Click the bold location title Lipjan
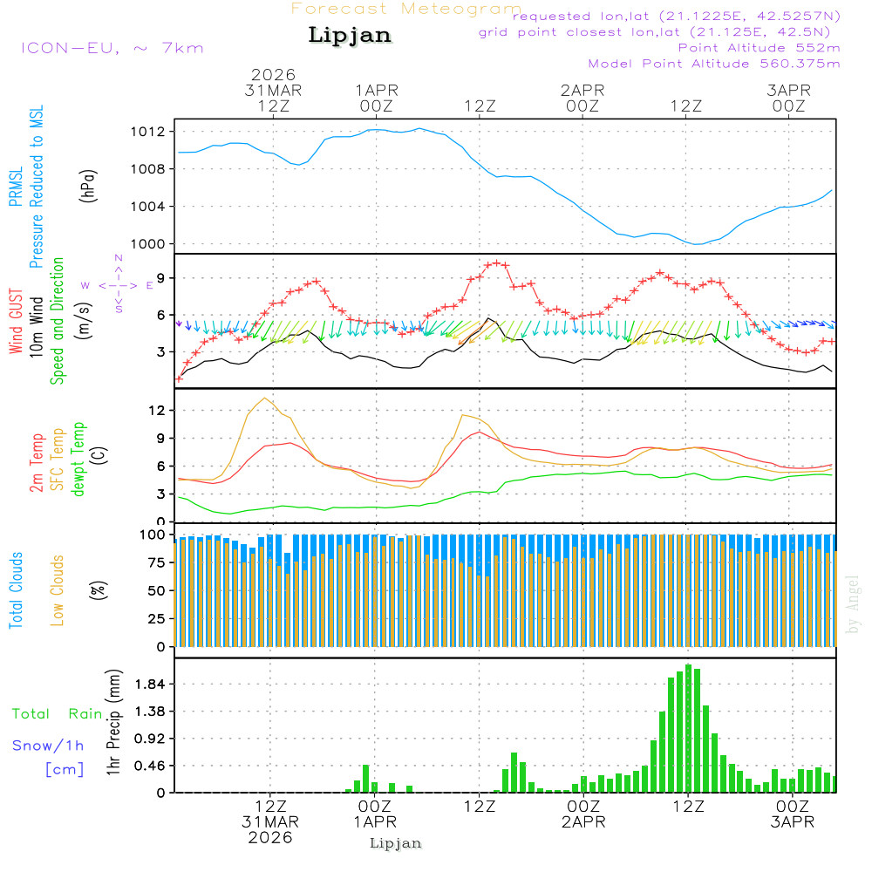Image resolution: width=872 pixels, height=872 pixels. (x=350, y=36)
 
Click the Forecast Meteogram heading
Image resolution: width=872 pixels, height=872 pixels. (x=406, y=9)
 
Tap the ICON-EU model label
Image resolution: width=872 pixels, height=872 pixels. (x=111, y=48)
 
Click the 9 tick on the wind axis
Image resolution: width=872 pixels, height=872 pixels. (x=161, y=277)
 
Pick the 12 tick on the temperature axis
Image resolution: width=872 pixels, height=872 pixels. (x=158, y=410)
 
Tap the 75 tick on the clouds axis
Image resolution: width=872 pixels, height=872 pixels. (x=158, y=562)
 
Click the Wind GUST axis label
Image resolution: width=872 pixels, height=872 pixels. (x=17, y=323)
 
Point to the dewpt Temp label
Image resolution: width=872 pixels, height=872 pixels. (x=79, y=460)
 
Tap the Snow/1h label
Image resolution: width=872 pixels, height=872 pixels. (x=49, y=746)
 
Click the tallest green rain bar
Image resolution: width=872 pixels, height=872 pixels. (x=689, y=728)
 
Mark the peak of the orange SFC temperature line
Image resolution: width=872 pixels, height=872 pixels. (x=264, y=398)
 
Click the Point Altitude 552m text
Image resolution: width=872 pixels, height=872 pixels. (x=759, y=48)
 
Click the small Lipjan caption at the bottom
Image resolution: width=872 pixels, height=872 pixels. (x=396, y=843)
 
